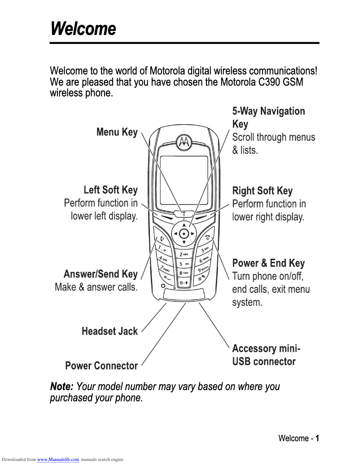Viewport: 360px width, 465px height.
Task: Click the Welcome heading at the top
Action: point(83,29)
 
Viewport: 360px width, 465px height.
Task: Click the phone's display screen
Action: point(184,179)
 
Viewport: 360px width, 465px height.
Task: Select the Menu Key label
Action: point(117,132)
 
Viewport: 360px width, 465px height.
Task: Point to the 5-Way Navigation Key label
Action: point(268,117)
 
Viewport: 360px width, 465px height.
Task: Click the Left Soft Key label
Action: point(110,190)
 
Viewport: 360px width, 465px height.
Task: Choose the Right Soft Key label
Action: point(262,191)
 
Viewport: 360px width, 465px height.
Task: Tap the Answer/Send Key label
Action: point(101,274)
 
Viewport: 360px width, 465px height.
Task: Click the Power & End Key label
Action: point(268,263)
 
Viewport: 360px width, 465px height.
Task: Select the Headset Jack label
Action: point(110,331)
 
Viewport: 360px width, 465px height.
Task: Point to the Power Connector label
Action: point(101,366)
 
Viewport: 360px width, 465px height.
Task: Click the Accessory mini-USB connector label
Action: point(266,355)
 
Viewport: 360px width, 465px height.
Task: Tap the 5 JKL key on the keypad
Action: point(184,264)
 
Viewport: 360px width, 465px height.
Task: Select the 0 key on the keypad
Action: point(184,283)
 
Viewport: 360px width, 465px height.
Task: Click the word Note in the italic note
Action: point(61,386)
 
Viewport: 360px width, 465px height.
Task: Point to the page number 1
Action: point(317,438)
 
